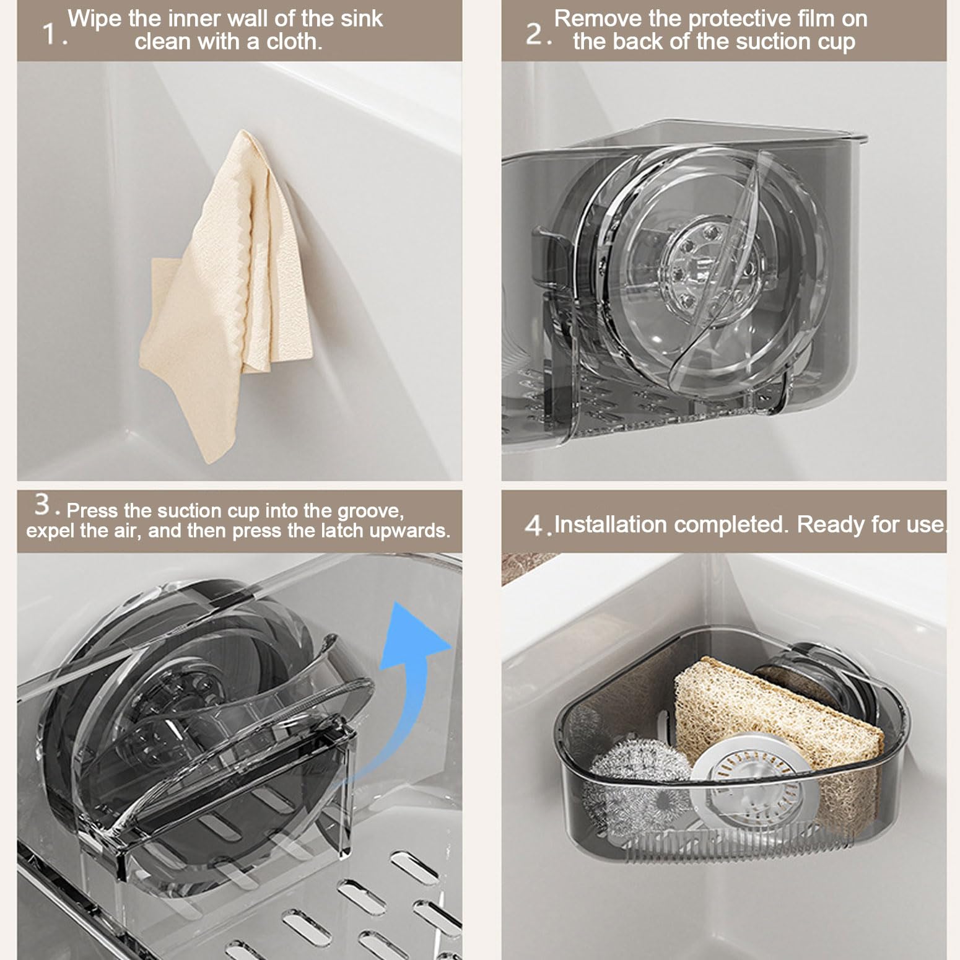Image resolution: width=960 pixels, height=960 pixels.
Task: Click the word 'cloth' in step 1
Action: [294, 41]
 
